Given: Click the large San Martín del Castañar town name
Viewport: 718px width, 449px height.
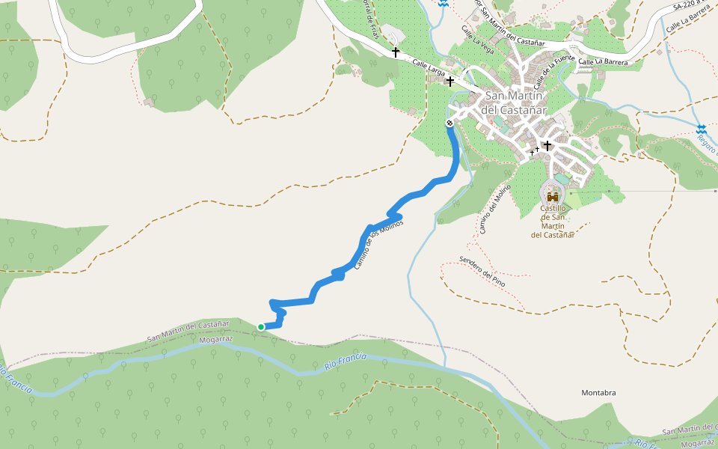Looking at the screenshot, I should tap(516, 103).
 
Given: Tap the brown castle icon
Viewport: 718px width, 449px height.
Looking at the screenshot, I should tap(553, 196).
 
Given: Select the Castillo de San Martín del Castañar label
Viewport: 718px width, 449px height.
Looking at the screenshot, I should tap(553, 221).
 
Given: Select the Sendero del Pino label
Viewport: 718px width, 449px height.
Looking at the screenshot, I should tap(482, 271).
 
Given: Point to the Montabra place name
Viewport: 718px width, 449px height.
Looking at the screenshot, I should tap(598, 393).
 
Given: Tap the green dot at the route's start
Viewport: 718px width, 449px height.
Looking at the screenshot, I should tap(261, 326).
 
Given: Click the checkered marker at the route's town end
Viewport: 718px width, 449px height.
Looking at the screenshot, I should tap(449, 123).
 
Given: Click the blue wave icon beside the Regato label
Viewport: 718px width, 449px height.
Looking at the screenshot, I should tap(701, 129).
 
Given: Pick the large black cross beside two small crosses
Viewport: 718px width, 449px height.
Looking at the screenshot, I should tap(547, 145).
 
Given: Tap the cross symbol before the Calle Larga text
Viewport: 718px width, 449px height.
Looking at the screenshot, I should tap(396, 52).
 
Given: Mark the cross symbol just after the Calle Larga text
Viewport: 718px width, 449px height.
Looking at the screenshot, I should tap(450, 81).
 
